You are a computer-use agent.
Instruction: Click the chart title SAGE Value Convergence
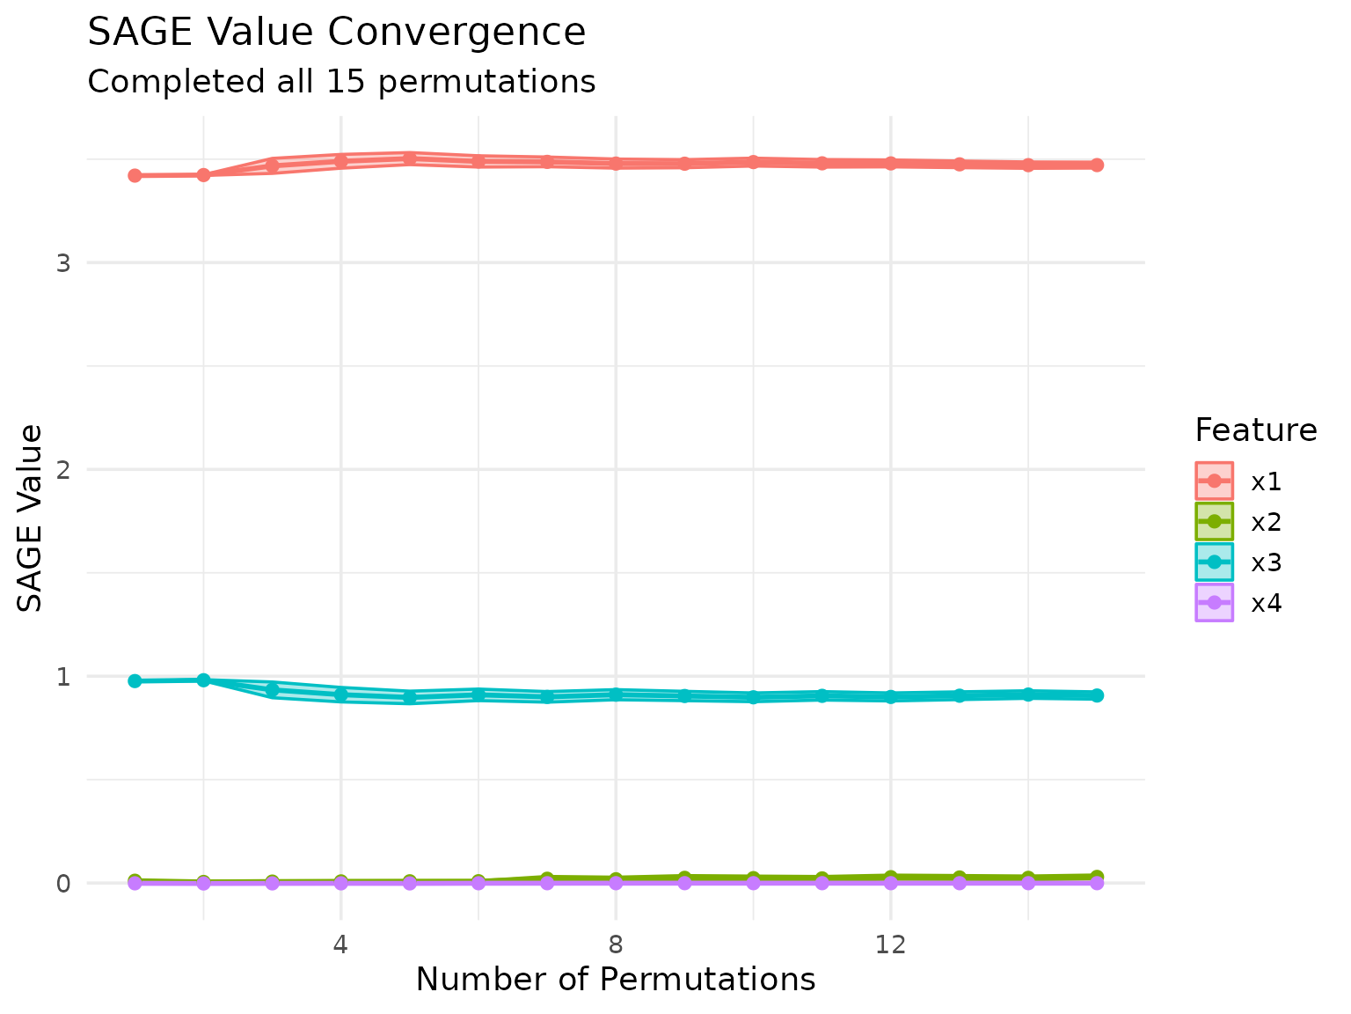[336, 33]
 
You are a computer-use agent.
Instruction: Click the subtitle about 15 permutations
[341, 82]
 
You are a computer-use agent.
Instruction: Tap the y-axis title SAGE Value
[31, 518]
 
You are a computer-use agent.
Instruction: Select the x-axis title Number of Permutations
[615, 980]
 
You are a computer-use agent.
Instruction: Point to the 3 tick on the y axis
[62, 263]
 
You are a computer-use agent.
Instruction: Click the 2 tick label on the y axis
[62, 470]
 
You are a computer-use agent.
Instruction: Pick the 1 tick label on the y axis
[62, 677]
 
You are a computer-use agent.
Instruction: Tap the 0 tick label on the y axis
[62, 884]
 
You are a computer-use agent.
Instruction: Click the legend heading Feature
[1255, 430]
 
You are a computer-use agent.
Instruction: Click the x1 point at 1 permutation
[135, 176]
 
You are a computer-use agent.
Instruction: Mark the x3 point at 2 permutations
[203, 680]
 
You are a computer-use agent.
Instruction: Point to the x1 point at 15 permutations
[1097, 165]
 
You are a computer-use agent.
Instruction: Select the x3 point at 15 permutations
[1097, 695]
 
